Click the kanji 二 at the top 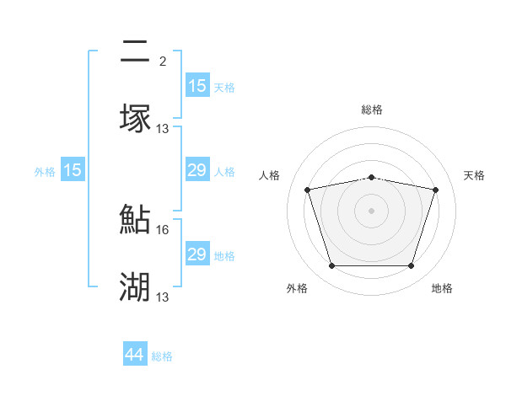point(135,52)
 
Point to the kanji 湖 point(135,286)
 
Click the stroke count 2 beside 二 point(162,61)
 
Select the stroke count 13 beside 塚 point(164,128)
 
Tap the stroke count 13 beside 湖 point(164,297)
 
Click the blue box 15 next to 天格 point(196,86)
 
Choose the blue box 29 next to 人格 point(196,171)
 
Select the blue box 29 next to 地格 point(196,254)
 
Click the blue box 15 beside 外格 point(73,171)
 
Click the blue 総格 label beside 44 point(162,356)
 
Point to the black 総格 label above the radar point(372,110)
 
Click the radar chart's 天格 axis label point(475,175)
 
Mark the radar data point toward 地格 point(411,266)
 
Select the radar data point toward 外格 point(331,266)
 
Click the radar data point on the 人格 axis point(307,190)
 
